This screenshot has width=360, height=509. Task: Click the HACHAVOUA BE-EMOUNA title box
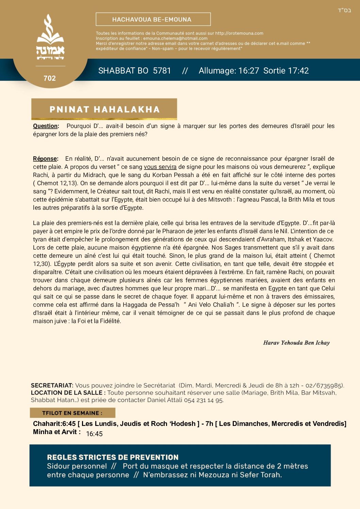pos(153,19)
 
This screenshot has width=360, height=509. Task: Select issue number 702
pos(50,78)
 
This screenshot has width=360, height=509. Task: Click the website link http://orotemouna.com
pos(239,33)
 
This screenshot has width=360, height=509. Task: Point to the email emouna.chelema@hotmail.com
pos(175,38)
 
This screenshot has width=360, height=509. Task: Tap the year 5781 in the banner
pos(162,71)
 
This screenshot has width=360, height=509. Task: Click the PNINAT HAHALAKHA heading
pos(104,109)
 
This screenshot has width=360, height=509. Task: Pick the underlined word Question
pos(46,126)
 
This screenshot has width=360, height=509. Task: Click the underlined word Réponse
pos(45,159)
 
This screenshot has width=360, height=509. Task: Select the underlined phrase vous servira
pos(160,167)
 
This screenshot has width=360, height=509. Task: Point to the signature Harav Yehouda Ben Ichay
pos(296,343)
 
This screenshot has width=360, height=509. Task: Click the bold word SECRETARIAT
pos(52,385)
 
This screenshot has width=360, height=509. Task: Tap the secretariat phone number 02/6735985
pos(324,385)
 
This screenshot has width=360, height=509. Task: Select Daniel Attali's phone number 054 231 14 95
pos(203,400)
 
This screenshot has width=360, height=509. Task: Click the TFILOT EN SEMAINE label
pos(72,413)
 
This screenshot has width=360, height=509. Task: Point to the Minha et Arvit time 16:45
pos(94,434)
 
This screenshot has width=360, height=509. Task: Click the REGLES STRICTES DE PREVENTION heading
pos(113,457)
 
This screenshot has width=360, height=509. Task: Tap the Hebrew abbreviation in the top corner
pos(344,10)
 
